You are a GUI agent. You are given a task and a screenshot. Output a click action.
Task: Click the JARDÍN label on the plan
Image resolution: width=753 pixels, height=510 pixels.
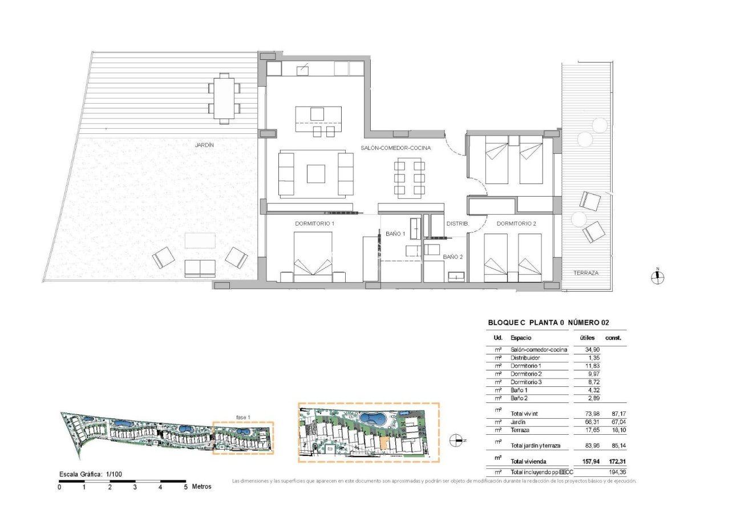(x=204, y=145)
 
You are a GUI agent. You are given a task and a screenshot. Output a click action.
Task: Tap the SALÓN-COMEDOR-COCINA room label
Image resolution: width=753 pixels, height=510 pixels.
(x=395, y=148)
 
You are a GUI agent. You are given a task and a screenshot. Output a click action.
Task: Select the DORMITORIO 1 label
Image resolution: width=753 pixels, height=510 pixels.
(x=314, y=224)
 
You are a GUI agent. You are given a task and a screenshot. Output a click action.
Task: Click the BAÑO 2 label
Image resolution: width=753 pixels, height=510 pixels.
(x=453, y=257)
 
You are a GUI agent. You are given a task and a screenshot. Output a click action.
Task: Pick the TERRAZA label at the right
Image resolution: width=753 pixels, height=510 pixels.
(x=586, y=273)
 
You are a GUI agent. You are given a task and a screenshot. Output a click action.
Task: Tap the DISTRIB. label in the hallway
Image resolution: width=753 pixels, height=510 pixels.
(x=457, y=224)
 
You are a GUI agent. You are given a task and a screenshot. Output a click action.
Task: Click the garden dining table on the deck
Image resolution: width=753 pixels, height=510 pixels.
(x=224, y=98)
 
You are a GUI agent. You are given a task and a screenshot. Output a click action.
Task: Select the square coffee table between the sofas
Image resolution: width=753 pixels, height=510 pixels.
(x=315, y=174)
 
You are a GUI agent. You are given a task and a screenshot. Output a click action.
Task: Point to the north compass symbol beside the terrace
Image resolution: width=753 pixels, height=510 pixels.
(x=657, y=278)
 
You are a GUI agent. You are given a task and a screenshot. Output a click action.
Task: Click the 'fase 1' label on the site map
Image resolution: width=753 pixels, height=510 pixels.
(x=243, y=417)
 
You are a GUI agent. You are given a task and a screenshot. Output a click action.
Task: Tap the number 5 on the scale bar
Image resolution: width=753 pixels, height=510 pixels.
(x=185, y=487)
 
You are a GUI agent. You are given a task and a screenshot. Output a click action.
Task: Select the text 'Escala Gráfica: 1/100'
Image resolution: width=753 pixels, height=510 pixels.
(x=91, y=474)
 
